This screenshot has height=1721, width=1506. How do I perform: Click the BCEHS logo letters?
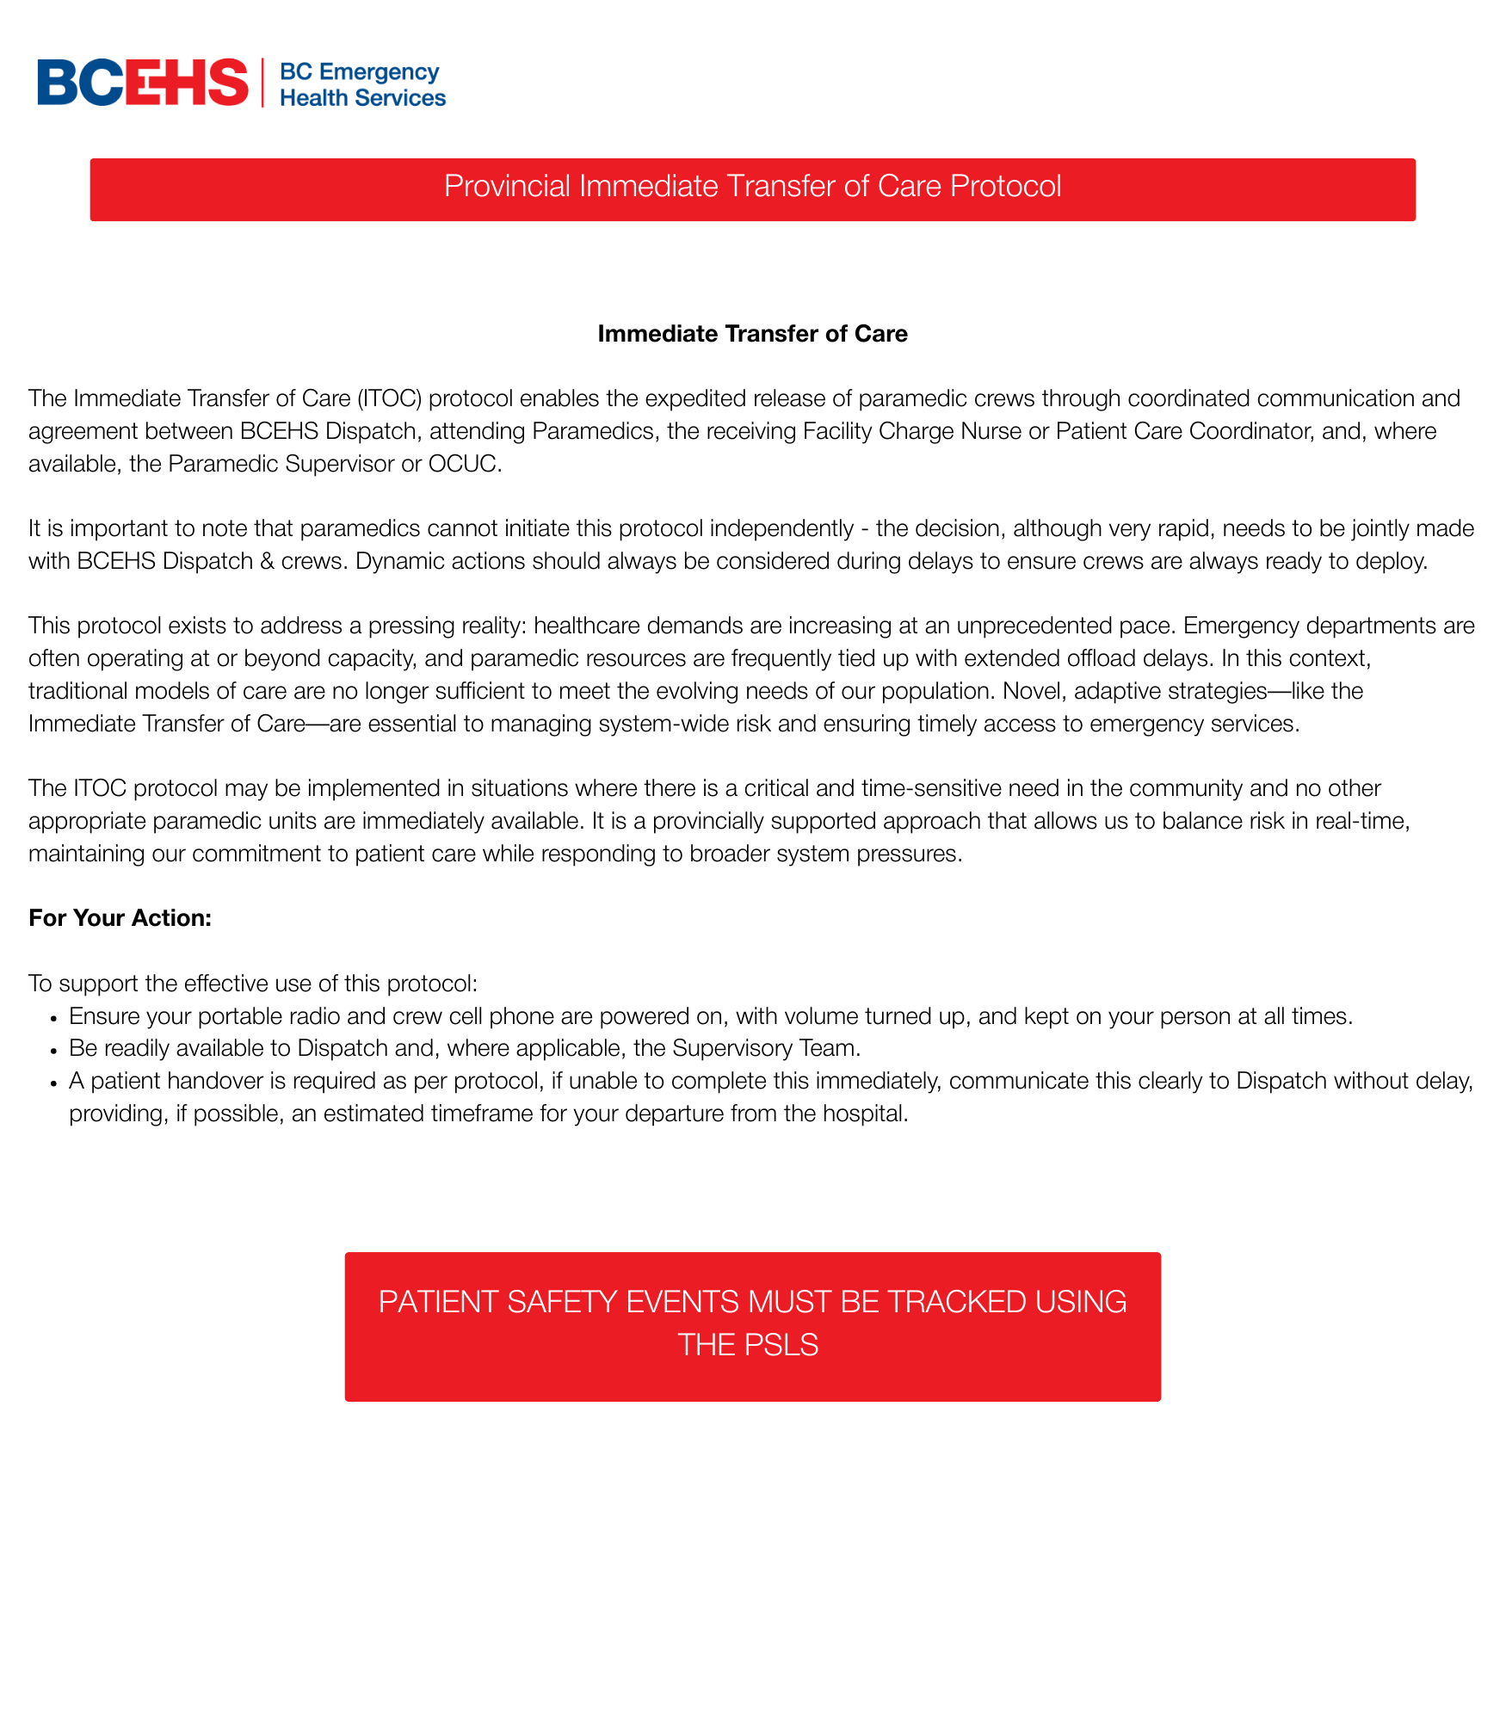pyautogui.click(x=142, y=83)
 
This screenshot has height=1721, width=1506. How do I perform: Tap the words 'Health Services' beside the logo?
pyautogui.click(x=362, y=98)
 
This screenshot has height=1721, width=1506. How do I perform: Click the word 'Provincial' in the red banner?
pyautogui.click(x=507, y=186)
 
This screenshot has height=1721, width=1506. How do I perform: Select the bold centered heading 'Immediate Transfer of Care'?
pyautogui.click(x=752, y=334)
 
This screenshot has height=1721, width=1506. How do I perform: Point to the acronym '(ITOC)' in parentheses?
pyautogui.click(x=389, y=398)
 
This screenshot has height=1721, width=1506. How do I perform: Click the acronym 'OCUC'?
pyautogui.click(x=463, y=464)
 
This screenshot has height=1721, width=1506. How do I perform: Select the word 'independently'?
pyautogui.click(x=781, y=528)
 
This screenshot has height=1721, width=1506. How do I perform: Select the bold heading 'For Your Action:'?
pyautogui.click(x=120, y=918)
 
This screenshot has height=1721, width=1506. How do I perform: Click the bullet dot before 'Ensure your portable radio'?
pyautogui.click(x=53, y=1018)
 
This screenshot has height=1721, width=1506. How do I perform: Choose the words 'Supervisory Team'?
pyautogui.click(x=766, y=1048)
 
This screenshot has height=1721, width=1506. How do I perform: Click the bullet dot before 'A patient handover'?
pyautogui.click(x=53, y=1083)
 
